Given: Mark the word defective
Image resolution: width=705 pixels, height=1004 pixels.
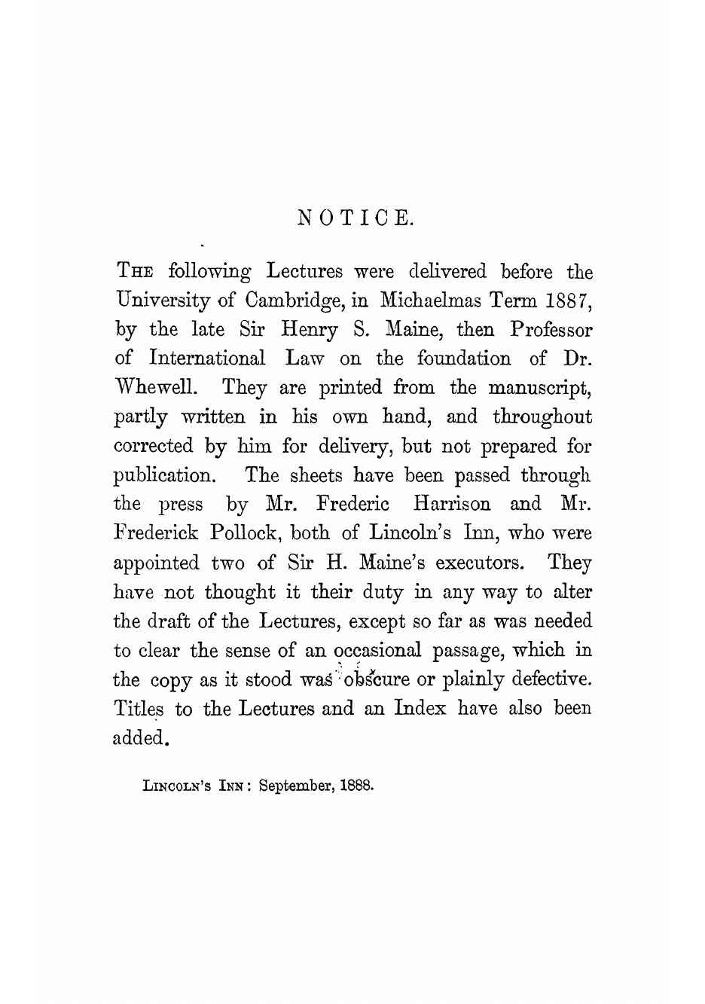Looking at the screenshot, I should pos(550,679).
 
